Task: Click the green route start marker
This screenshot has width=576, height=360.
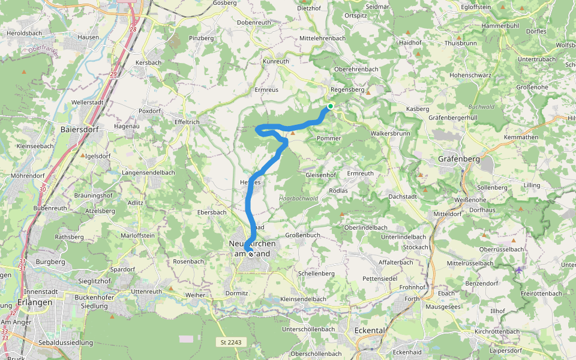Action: [330, 106]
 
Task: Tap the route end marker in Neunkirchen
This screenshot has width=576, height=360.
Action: [251, 254]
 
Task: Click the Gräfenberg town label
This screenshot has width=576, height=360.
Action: [459, 160]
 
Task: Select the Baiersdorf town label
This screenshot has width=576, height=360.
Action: [80, 129]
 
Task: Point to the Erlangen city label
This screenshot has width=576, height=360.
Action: [35, 302]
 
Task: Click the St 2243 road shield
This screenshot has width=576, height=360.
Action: [230, 342]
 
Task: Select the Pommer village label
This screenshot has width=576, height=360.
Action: [329, 138]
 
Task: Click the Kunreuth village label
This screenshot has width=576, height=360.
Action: [276, 61]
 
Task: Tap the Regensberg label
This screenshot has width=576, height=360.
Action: [347, 89]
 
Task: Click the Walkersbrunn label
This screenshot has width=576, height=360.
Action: [390, 133]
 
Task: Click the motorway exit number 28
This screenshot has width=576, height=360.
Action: [133, 29]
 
